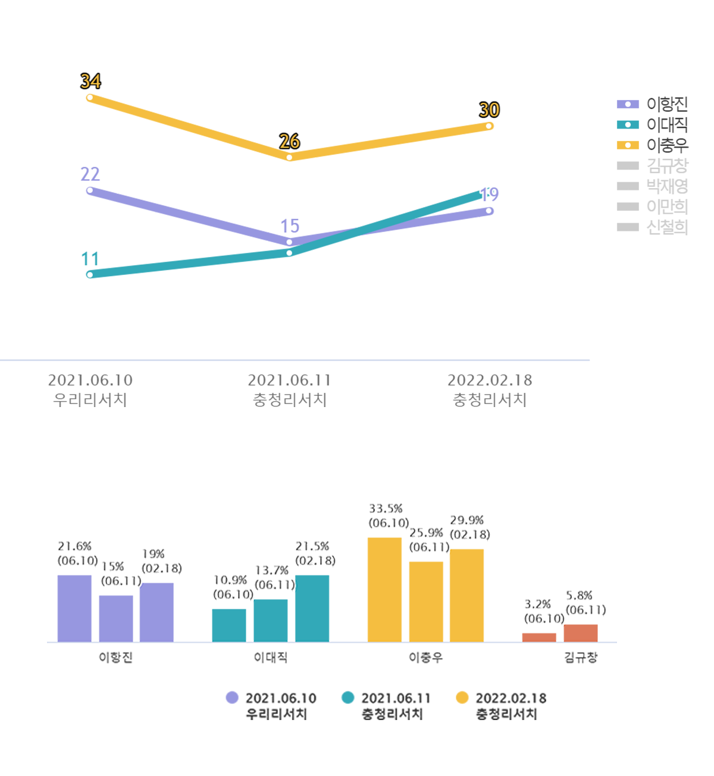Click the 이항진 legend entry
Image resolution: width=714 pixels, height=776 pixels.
tap(653, 104)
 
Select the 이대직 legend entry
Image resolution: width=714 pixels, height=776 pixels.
tap(653, 124)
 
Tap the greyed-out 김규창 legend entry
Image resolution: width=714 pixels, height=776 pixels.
tap(653, 165)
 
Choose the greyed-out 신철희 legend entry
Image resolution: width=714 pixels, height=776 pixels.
tap(653, 227)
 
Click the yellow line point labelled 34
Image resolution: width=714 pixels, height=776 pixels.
tap(90, 98)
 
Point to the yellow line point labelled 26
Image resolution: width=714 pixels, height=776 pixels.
tap(289, 157)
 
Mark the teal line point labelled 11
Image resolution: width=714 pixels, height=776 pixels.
tap(90, 274)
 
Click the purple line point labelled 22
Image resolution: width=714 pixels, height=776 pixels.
tap(90, 190)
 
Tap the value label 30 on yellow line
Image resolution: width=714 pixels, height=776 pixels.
tap(489, 110)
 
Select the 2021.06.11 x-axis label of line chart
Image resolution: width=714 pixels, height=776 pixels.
tap(289, 389)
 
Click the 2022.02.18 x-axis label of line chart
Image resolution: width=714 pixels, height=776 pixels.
tap(490, 389)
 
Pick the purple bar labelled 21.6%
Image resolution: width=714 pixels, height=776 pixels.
tap(74, 608)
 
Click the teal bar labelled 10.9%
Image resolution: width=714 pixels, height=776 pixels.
tap(229, 625)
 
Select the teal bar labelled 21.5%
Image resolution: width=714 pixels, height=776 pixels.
tap(312, 608)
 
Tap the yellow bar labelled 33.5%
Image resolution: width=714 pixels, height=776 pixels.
tap(384, 589)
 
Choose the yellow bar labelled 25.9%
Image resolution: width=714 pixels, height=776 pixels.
tap(426, 601)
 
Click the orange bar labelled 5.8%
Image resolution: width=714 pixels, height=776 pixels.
tap(581, 633)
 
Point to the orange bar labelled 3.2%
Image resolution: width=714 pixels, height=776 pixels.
tap(539, 637)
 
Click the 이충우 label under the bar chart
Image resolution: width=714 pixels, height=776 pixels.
tap(425, 658)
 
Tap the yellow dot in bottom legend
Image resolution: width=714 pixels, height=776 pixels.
tap(462, 697)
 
